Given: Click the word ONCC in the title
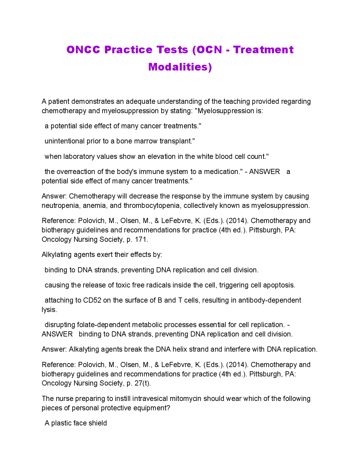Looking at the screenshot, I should pyautogui.click(x=83, y=50).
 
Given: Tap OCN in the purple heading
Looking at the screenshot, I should pyautogui.click(x=209, y=50).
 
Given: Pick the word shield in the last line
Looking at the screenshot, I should pyautogui.click(x=98, y=423).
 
